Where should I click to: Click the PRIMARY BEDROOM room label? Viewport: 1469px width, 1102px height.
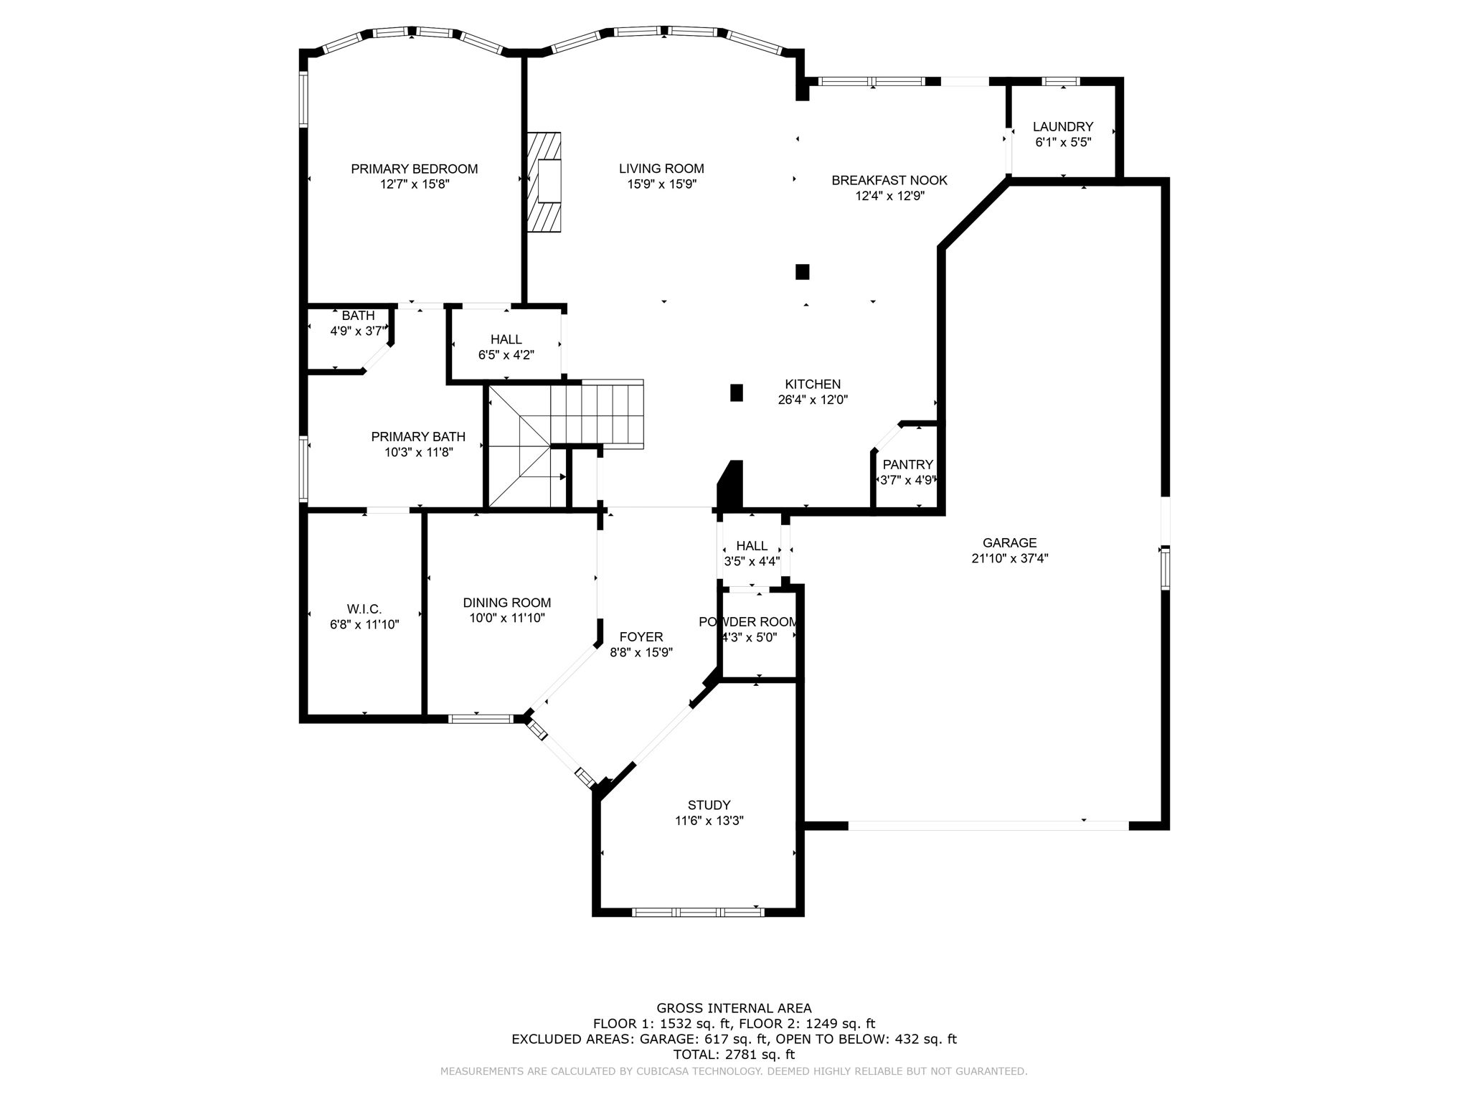coord(414,169)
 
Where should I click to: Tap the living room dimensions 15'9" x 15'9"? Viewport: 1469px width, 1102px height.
coord(661,184)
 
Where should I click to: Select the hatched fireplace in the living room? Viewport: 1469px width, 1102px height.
coord(544,182)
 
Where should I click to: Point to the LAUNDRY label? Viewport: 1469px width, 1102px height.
coord(1062,127)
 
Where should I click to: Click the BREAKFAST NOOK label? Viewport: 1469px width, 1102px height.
coord(889,180)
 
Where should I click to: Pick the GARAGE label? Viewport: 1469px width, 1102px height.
coord(1009,543)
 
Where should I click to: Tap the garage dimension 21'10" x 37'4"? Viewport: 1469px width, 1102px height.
coord(1009,559)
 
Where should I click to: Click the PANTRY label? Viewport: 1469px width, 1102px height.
coord(907,464)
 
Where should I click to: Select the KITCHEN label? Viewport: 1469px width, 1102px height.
coord(812,385)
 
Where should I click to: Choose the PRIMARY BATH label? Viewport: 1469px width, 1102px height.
coord(418,436)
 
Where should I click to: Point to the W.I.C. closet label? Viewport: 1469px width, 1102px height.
coord(364,609)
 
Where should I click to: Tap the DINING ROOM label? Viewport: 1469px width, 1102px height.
coord(506,603)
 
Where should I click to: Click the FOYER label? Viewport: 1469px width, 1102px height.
coord(641,636)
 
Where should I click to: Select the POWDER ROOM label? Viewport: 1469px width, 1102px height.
coord(748,622)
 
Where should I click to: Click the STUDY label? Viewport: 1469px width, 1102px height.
coord(709,805)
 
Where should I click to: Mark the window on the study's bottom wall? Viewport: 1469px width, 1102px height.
coord(698,912)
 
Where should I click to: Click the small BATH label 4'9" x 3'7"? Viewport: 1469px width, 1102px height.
coord(358,316)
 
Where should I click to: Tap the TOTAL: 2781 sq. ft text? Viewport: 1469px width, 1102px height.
coord(734,1055)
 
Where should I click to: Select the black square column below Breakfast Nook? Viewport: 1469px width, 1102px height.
coord(802,272)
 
